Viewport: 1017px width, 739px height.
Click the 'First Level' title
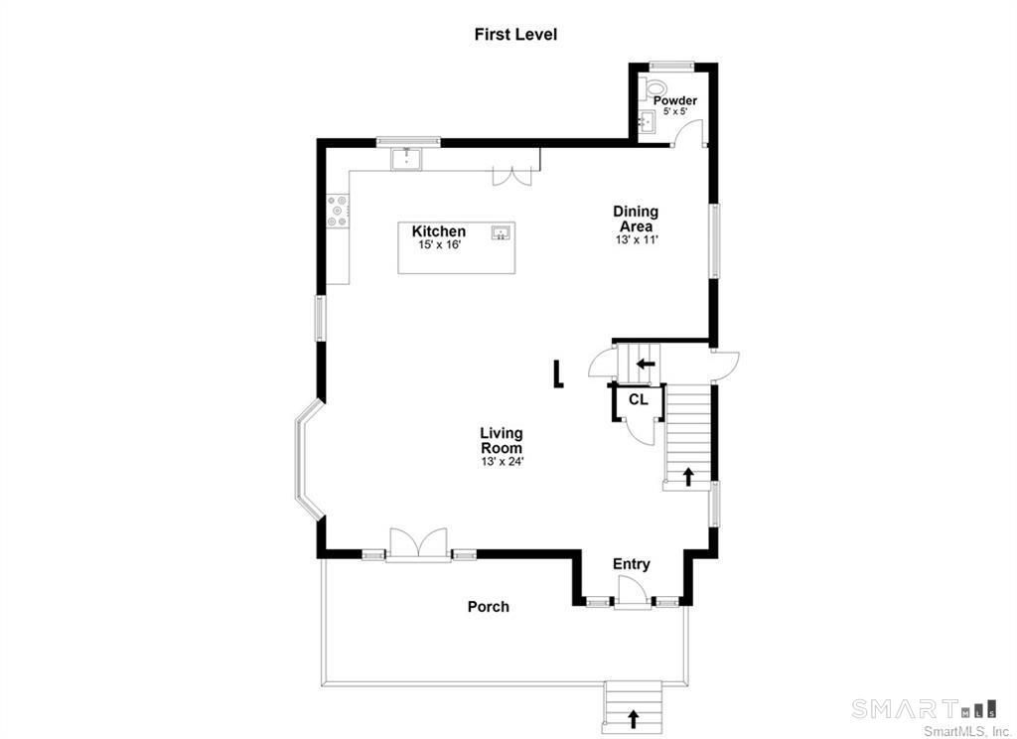515,34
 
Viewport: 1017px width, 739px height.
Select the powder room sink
646,121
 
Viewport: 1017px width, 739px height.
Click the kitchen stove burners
338,212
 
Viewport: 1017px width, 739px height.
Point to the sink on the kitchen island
502,232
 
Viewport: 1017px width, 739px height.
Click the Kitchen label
438,231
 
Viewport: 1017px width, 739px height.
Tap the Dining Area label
636,219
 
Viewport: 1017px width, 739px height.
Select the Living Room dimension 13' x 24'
502,462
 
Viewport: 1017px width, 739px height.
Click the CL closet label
639,399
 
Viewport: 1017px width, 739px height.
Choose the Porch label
489,607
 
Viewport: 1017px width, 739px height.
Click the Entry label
631,564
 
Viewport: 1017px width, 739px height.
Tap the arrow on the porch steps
633,718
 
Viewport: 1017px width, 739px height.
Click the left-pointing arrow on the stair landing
646,364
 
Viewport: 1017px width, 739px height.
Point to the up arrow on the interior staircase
687,477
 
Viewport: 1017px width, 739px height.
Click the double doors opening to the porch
419,543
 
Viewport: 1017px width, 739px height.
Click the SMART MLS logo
925,708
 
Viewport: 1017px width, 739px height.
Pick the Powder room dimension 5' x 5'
674,111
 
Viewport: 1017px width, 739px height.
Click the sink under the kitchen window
406,159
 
